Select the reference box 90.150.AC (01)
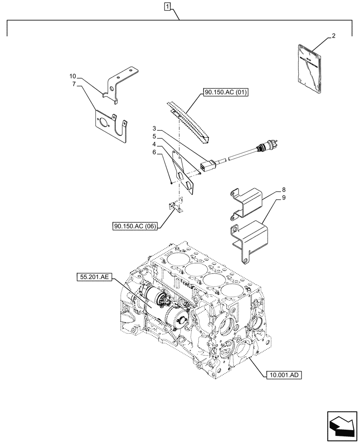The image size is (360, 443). click(x=226, y=93)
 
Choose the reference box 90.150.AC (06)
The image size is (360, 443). click(x=136, y=226)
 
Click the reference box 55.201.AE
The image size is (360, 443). click(x=95, y=278)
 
